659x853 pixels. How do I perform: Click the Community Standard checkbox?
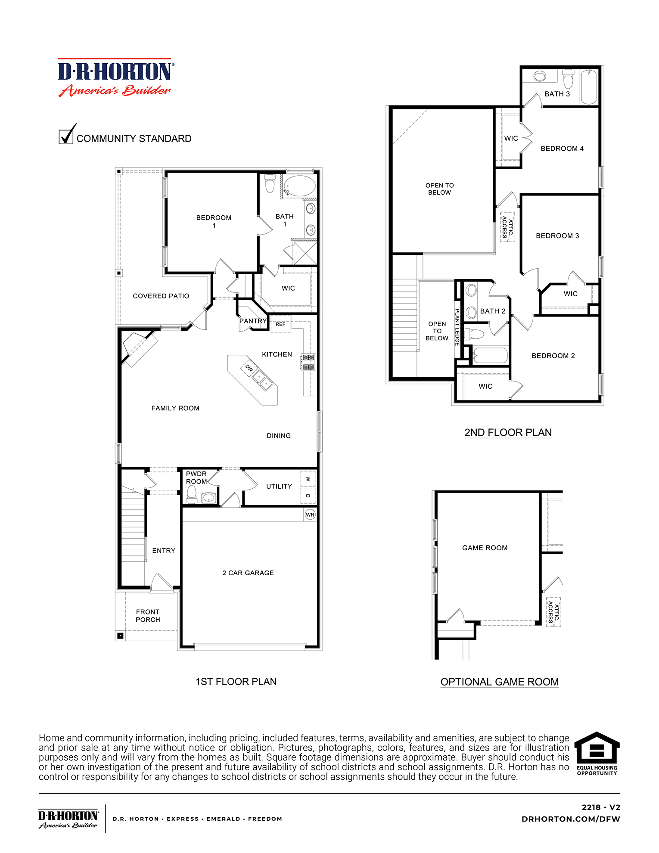[66, 136]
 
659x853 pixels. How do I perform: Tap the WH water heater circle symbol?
[310, 515]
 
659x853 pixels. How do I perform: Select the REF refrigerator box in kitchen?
[280, 324]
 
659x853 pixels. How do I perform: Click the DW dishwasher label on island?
[249, 368]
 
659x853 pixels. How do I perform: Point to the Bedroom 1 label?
[214, 221]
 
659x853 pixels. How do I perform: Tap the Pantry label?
[253, 321]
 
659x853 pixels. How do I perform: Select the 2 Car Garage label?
[248, 573]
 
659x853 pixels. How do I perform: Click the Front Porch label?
[148, 616]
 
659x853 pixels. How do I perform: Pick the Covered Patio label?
[161, 296]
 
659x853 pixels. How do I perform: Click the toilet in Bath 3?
[568, 80]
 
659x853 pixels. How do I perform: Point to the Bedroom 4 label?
[562, 149]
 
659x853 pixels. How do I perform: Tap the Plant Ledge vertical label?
[457, 327]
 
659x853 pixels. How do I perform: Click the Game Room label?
[485, 548]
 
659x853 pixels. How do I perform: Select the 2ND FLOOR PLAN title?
[508, 432]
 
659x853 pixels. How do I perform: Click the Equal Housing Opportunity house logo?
[597, 749]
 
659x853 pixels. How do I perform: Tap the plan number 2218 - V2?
[601, 807]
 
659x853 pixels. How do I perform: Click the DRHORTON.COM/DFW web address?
[571, 819]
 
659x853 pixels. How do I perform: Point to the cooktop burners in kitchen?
[308, 362]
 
